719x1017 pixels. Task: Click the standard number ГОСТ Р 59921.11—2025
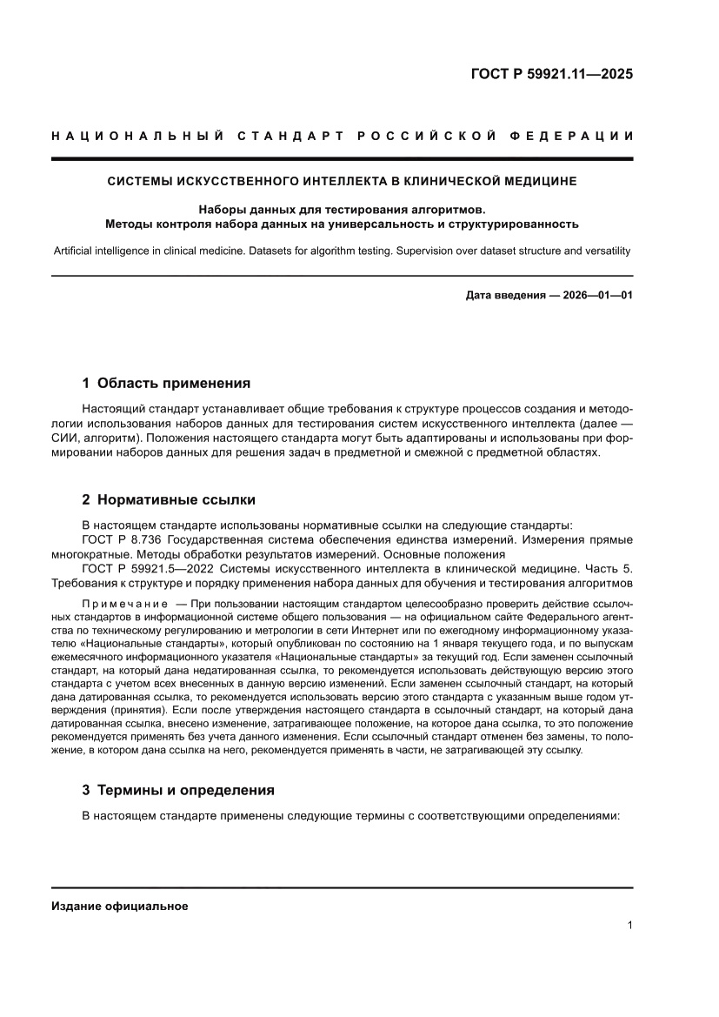551,74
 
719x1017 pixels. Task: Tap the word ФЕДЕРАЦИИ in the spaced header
574,136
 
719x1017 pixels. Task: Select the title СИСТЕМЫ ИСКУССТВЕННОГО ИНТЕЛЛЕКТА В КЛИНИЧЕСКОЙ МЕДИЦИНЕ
342,182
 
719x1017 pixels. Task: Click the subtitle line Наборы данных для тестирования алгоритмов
342,209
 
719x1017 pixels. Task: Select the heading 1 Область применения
166,383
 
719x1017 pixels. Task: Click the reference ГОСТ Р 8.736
122,539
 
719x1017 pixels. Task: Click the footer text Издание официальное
120,906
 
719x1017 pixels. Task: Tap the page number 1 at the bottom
629,926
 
